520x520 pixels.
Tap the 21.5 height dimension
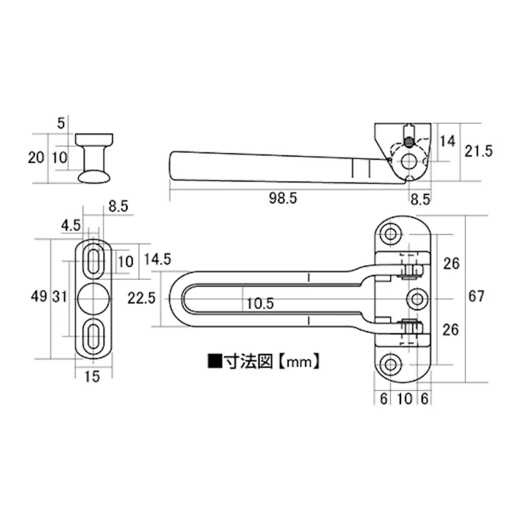pyautogui.click(x=479, y=152)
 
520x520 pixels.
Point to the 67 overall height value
pyautogui.click(x=477, y=297)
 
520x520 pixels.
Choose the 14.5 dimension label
pyautogui.click(x=157, y=259)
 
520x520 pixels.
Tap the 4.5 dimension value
pyautogui.click(x=71, y=225)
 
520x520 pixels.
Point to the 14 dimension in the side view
pyautogui.click(x=448, y=140)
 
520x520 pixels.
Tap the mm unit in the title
pyautogui.click(x=299, y=360)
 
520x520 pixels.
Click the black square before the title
pyautogui.click(x=214, y=360)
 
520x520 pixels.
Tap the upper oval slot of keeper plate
pyautogui.click(x=95, y=260)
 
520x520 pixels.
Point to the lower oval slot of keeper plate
pyautogui.click(x=95, y=335)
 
